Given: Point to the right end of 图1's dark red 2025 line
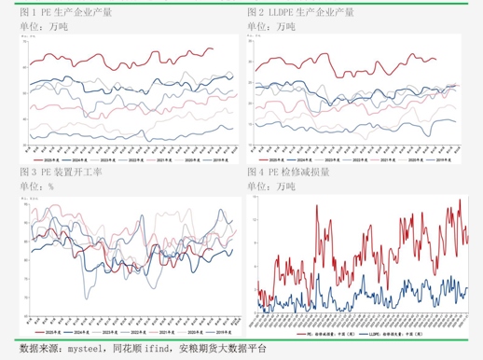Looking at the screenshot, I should pos(213,48).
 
